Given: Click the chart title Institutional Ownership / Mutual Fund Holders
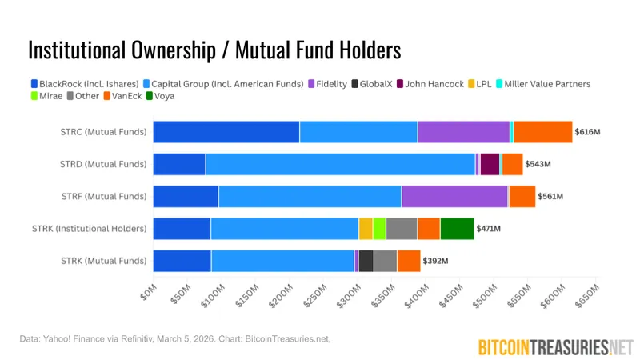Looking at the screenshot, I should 214,50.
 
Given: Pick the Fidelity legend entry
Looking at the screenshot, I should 330,84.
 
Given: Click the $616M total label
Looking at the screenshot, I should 588,132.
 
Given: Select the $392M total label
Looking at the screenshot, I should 436,261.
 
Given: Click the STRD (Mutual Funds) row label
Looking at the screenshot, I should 103,164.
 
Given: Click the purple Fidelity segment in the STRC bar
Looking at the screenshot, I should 463,132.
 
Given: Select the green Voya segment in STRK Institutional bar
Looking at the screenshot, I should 457,229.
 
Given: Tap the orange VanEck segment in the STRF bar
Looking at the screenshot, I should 522,196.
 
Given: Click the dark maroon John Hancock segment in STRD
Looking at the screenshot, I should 490,164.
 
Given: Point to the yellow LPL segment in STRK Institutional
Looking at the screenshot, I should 366,229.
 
